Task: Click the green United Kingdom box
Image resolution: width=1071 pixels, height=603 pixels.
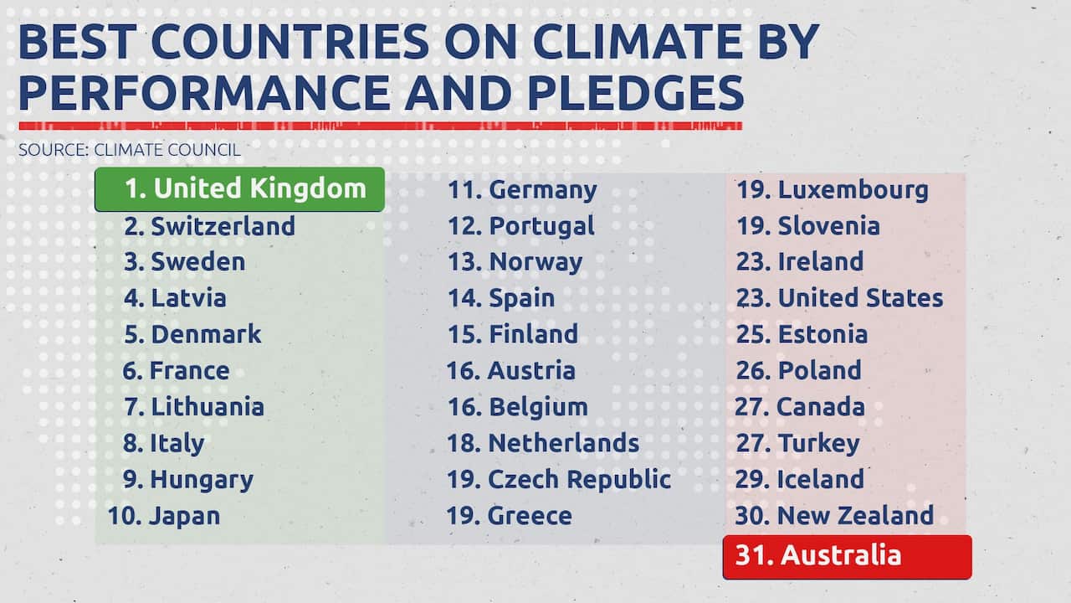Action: click(239, 189)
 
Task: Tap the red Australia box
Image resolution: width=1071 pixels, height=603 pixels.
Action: click(847, 556)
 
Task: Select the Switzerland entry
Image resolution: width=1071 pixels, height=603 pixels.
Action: click(209, 226)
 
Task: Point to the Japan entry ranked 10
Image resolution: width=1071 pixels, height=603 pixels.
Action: click(164, 515)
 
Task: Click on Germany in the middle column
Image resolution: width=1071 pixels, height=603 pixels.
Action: click(522, 190)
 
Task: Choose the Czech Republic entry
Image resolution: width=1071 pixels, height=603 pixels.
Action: click(558, 479)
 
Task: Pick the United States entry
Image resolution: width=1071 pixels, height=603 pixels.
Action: click(839, 298)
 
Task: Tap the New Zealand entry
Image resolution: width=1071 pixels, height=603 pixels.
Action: click(834, 515)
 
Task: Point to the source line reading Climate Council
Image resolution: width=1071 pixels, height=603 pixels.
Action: click(130, 151)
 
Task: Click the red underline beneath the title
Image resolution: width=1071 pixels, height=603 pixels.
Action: click(380, 126)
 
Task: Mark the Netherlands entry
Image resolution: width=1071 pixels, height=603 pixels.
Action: click(542, 443)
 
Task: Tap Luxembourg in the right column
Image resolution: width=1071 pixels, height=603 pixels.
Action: click(832, 190)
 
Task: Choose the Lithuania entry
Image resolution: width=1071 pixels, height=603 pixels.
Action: click(193, 407)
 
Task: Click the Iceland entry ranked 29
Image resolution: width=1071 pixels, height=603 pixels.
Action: click(799, 479)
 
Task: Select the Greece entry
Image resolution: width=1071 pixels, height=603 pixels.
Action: click(509, 515)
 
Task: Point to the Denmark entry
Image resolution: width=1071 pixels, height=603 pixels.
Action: click(192, 334)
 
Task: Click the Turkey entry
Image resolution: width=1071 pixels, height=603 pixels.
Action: click(797, 443)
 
